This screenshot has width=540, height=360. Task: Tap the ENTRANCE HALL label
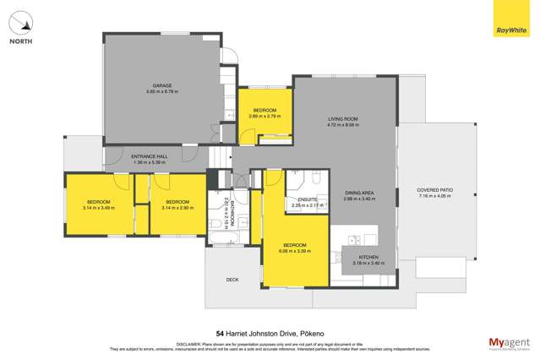click(150, 157)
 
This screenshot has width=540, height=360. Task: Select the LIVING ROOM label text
click(343, 119)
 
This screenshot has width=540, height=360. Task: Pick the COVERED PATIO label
click(434, 189)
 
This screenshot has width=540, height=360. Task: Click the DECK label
click(232, 279)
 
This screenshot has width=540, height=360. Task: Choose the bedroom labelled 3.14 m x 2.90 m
click(177, 203)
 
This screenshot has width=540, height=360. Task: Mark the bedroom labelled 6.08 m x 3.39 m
click(295, 246)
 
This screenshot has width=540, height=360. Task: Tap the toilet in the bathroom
click(217, 224)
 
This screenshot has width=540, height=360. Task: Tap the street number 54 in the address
click(220, 333)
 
